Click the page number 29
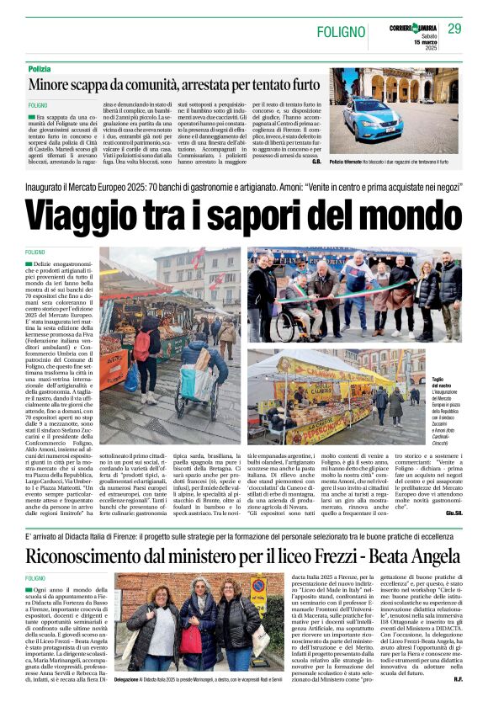tap(454, 29)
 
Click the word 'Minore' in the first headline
tap(56, 85)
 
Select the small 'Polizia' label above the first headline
tap(39, 68)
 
